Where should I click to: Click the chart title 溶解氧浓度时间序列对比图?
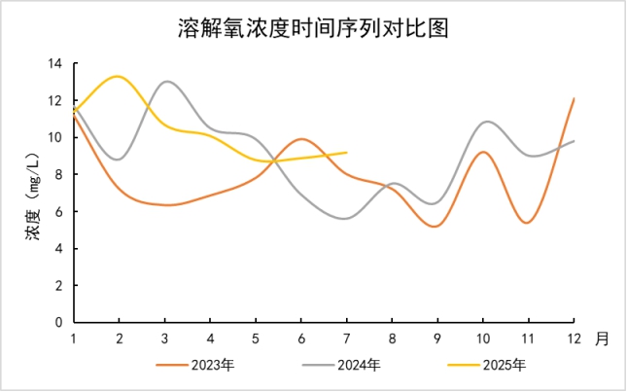(x=312, y=28)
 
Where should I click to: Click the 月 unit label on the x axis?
(x=603, y=339)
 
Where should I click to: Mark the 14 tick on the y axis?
(x=54, y=64)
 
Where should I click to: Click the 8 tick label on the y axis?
(x=58, y=175)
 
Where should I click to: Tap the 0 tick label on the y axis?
(x=58, y=322)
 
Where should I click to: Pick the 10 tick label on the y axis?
(x=54, y=138)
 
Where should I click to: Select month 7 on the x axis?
(x=347, y=339)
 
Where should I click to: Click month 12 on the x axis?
(x=574, y=339)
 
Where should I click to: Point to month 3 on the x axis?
(x=164, y=339)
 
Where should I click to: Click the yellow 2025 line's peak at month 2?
(x=119, y=76)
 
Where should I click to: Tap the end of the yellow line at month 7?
(x=347, y=152)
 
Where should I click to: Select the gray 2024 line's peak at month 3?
(x=166, y=82)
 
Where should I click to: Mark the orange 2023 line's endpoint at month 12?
(x=575, y=99)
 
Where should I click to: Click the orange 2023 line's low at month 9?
(x=436, y=227)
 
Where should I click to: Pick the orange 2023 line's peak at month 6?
(x=301, y=139)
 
